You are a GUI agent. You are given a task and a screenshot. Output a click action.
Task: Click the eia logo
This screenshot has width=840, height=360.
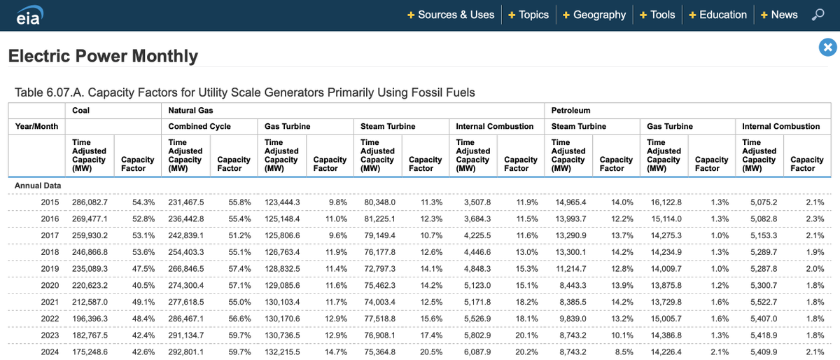click(x=29, y=15)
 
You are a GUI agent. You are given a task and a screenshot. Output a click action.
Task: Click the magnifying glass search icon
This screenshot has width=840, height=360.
click(x=818, y=15)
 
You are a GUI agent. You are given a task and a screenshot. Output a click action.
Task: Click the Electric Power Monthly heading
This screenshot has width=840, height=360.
click(x=103, y=56)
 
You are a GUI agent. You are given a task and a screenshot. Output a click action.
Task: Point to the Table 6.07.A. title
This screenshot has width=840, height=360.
click(x=244, y=92)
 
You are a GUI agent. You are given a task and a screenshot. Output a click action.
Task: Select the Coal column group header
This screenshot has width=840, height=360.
click(x=81, y=110)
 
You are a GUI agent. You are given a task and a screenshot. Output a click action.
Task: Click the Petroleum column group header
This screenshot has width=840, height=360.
click(x=570, y=110)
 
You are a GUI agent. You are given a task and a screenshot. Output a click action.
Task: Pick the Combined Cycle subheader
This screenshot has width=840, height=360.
click(x=199, y=127)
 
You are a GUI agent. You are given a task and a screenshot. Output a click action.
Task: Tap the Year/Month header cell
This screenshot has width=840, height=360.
click(x=36, y=127)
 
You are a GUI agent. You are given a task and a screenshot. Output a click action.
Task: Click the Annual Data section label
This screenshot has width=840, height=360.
click(x=38, y=186)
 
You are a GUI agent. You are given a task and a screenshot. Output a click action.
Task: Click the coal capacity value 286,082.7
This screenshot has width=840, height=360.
click(x=91, y=202)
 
